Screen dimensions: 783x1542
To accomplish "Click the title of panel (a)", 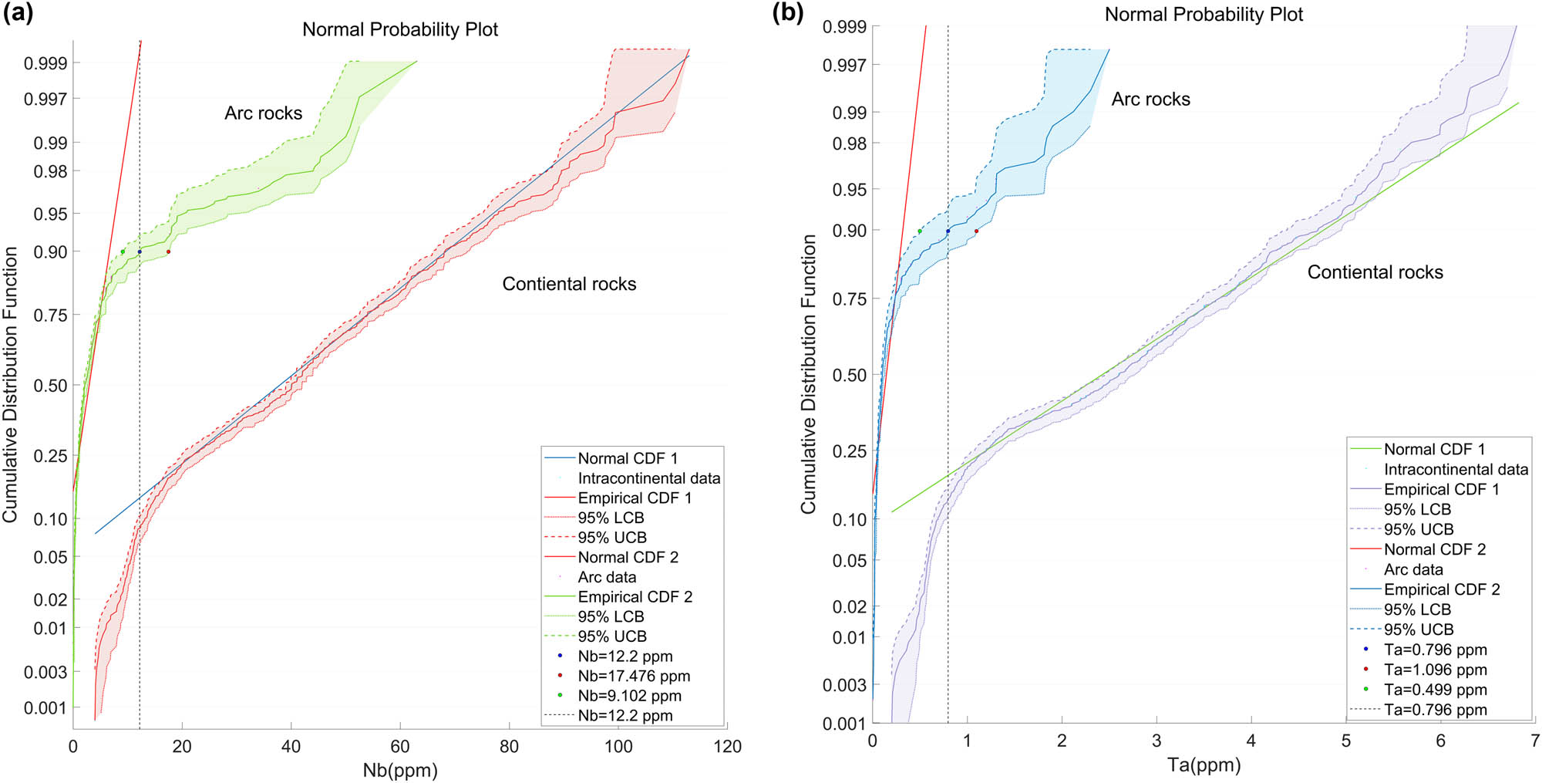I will pyautogui.click(x=399, y=29).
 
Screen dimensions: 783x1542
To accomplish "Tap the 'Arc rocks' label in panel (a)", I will pyautogui.click(x=263, y=113).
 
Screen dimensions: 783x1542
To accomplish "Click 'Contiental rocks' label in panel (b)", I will pyautogui.click(x=1375, y=272).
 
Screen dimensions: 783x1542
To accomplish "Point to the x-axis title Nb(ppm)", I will pyautogui.click(x=399, y=770).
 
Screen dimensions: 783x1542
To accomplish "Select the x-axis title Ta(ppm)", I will pyautogui.click(x=1204, y=764).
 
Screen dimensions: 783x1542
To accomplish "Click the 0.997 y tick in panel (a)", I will pyautogui.click(x=45, y=99).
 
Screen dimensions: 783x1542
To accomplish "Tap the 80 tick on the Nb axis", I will pyautogui.click(x=509, y=747).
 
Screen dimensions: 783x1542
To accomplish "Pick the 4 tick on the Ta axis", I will pyautogui.click(x=1251, y=741).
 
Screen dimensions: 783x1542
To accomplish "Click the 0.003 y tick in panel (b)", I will pyautogui.click(x=844, y=685).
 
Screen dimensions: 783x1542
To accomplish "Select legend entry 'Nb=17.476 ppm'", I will pyautogui.click(x=634, y=676).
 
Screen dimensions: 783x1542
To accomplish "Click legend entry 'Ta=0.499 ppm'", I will pyautogui.click(x=1435, y=690).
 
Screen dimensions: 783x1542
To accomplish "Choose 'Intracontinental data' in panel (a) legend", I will pyautogui.click(x=648, y=478).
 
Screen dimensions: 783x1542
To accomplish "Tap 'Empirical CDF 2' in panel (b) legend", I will pyautogui.click(x=1441, y=589).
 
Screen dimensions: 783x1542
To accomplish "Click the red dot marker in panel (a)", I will pyautogui.click(x=168, y=251).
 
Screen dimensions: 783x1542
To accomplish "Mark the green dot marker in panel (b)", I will pyautogui.click(x=920, y=231).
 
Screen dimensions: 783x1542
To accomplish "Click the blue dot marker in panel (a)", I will pyautogui.click(x=140, y=251).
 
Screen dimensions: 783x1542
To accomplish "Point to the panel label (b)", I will pyautogui.click(x=787, y=13).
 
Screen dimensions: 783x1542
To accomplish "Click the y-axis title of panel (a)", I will pyautogui.click(x=10, y=384).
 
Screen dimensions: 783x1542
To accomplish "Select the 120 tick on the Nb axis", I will pyautogui.click(x=727, y=747).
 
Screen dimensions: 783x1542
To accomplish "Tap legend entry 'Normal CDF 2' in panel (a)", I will pyautogui.click(x=628, y=557).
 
